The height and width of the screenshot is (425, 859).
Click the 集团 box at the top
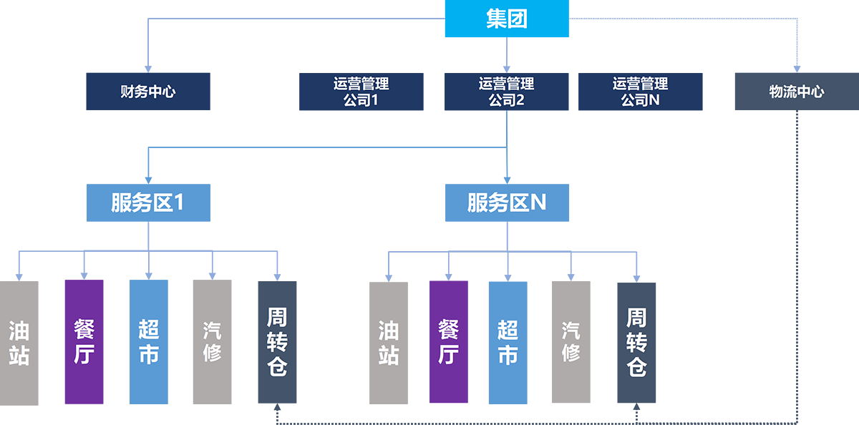(506, 20)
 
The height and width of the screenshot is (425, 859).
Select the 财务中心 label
(147, 92)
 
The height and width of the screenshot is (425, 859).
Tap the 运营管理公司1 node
(361, 92)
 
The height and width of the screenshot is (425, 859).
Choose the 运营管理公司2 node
(506, 92)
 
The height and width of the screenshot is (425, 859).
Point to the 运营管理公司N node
(640, 92)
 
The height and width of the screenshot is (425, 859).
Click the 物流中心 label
(796, 92)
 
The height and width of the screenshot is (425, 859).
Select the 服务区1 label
(147, 203)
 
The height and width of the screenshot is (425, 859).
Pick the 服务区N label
(506, 203)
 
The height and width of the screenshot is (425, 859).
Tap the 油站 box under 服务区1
(19, 343)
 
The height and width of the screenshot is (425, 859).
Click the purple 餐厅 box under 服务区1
(84, 343)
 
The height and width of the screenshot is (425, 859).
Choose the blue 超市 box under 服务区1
(148, 343)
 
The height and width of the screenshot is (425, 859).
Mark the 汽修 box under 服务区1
(212, 343)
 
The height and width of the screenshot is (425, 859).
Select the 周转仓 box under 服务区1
(277, 343)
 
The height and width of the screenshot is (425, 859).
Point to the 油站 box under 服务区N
(388, 343)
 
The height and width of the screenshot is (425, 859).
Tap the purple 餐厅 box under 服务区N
(448, 343)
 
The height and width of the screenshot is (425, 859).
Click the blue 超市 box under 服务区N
(508, 343)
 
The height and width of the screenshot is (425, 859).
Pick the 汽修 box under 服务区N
(571, 343)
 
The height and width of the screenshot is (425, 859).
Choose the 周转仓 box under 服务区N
(636, 343)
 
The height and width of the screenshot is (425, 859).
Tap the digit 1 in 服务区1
(180, 203)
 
